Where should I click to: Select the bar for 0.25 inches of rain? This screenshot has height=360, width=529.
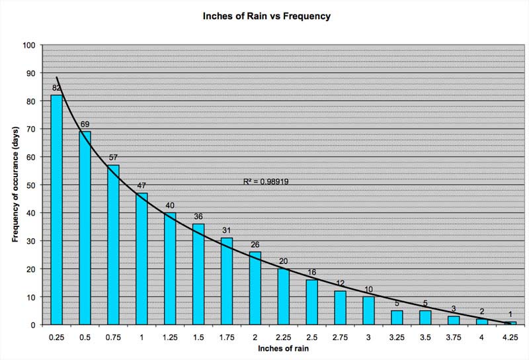[56, 210]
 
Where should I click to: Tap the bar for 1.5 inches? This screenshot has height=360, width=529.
[198, 274]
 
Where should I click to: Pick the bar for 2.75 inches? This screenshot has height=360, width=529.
[340, 308]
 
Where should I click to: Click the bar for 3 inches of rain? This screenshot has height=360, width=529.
[368, 310]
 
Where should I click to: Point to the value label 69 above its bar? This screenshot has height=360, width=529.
[85, 124]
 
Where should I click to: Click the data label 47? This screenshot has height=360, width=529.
[142, 186]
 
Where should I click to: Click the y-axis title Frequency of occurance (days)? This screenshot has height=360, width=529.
[15, 185]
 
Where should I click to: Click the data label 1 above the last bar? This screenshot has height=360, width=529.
[510, 314]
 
